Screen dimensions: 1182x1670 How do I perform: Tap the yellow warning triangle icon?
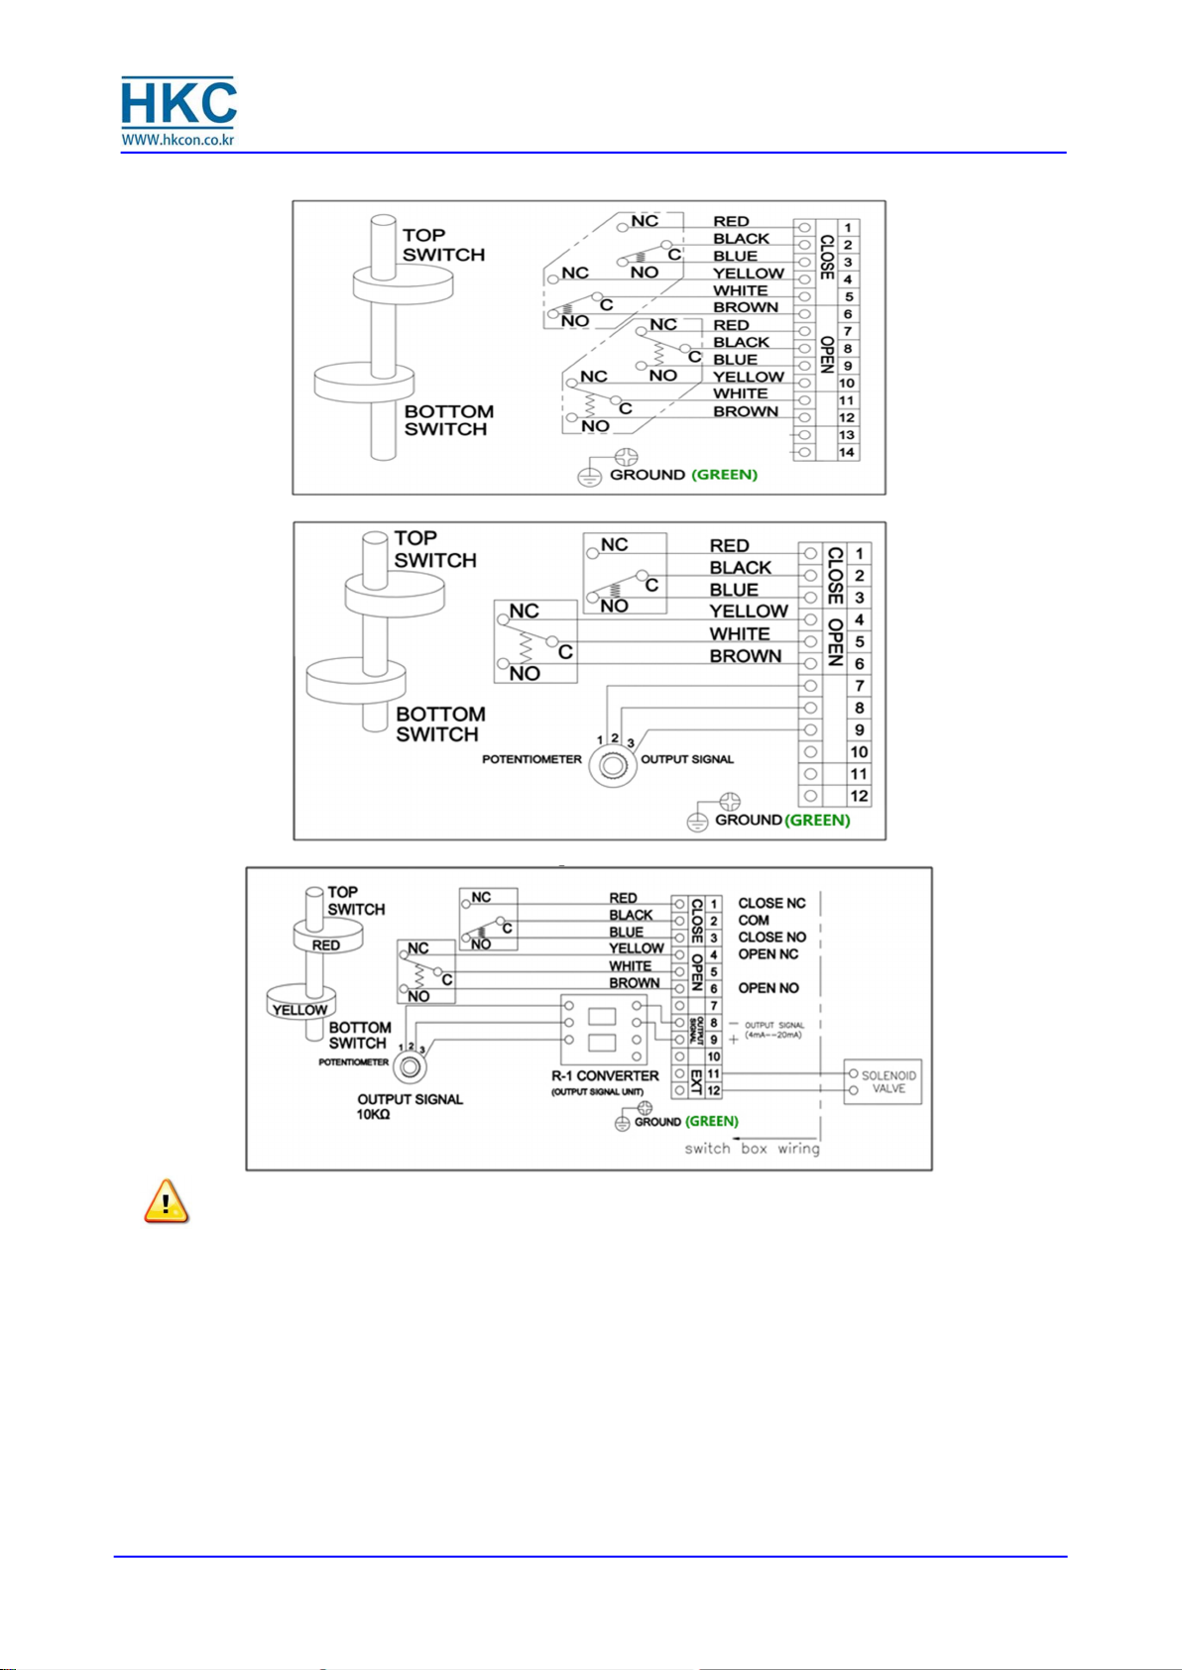point(167,1201)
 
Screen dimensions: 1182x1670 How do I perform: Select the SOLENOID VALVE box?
point(883,1081)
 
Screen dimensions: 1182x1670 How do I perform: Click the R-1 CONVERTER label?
point(605,1075)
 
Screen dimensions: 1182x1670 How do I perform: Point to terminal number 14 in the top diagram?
point(847,452)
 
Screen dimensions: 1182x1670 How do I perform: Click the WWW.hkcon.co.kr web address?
point(178,140)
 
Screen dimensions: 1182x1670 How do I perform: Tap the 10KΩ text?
point(374,1115)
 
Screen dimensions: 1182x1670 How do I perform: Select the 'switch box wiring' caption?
point(752,1149)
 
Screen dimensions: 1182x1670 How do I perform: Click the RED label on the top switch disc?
point(326,946)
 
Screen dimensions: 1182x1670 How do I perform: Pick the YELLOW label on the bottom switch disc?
point(299,1010)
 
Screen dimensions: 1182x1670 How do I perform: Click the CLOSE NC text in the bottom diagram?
point(771,903)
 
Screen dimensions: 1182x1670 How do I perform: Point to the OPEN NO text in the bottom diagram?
point(768,988)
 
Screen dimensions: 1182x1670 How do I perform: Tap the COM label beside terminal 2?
point(754,920)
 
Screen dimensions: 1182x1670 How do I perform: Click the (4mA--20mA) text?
point(773,1035)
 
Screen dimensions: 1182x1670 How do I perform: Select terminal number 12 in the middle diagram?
point(859,796)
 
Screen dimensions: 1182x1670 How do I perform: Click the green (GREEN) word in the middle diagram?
point(818,820)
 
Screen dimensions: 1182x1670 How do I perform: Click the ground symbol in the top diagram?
point(590,477)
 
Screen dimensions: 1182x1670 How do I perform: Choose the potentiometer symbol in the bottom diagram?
point(409,1067)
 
